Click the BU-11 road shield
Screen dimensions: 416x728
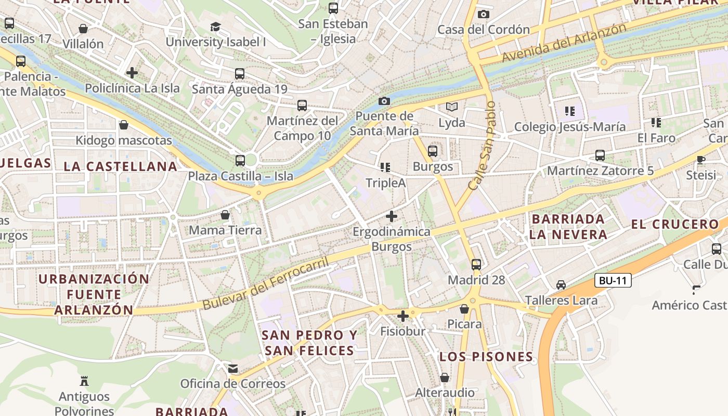coord(613,281)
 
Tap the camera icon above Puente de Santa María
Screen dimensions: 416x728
coord(384,101)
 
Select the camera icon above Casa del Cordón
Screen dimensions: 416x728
coord(484,14)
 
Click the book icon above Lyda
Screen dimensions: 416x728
coord(452,107)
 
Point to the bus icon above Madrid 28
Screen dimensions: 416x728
coord(476,264)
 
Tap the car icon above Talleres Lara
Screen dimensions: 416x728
coord(561,285)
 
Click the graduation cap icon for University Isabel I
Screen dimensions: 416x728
coord(215,27)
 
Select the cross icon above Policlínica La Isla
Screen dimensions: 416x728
coord(132,73)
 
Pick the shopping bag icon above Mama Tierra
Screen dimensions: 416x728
coord(225,215)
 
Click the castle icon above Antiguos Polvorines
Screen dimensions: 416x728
coord(84,381)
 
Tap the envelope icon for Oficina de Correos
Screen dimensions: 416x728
coord(233,369)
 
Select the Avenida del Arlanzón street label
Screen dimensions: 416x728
coord(564,43)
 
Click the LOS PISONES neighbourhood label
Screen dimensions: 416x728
coord(486,357)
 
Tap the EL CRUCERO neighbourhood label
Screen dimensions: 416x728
coord(674,225)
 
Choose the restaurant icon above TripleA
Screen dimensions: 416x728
coord(385,167)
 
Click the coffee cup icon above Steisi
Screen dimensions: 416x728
coord(701,160)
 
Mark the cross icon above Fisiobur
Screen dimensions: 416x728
coord(402,316)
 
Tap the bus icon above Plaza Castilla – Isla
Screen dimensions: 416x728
coord(240,161)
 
